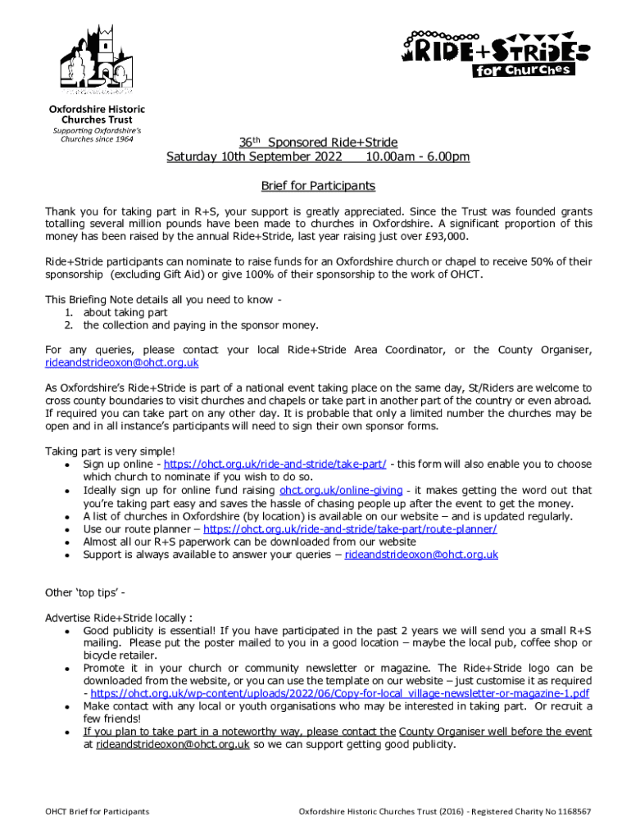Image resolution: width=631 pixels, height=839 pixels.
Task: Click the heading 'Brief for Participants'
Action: pyautogui.click(x=318, y=186)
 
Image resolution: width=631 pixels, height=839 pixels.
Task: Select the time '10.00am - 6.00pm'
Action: pyautogui.click(x=418, y=157)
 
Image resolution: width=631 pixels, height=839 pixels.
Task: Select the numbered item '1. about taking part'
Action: pyautogui.click(x=115, y=312)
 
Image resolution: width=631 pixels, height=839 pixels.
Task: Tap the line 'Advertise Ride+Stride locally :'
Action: pyautogui.click(x=119, y=618)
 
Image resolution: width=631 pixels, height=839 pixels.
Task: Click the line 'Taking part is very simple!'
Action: pyautogui.click(x=110, y=451)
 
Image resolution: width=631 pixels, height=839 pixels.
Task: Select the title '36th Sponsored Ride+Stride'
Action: pyautogui.click(x=318, y=142)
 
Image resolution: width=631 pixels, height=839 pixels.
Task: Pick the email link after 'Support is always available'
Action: pyautogui.click(x=421, y=556)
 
